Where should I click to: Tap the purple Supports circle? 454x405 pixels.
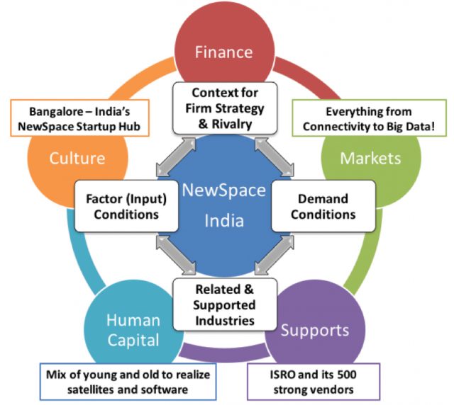(x=314, y=331)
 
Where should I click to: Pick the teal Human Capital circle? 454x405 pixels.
(x=133, y=331)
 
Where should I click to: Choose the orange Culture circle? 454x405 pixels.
(x=77, y=158)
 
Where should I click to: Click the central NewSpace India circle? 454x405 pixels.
(x=224, y=205)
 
